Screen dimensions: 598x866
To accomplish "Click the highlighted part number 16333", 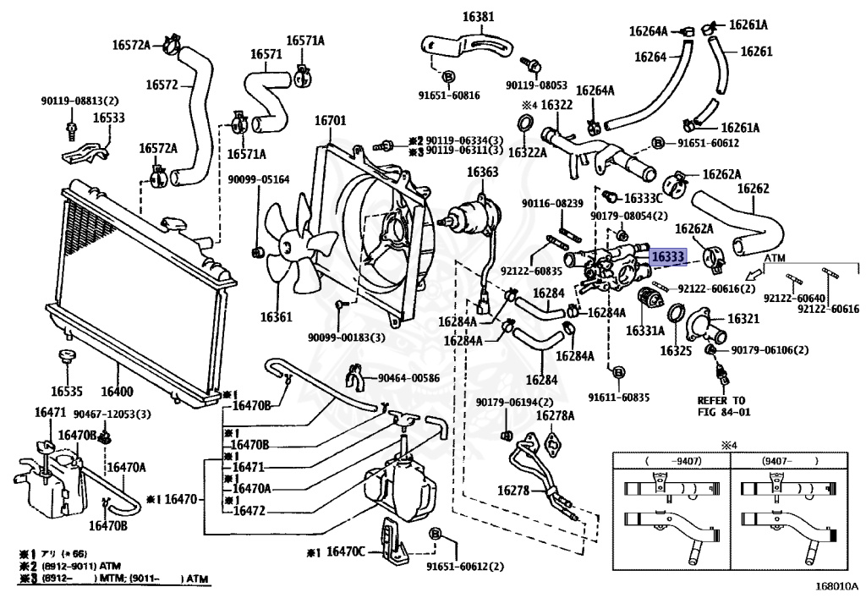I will pyautogui.click(x=666, y=254).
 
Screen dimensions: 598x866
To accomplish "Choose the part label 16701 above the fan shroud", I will pyautogui.click(x=331, y=121).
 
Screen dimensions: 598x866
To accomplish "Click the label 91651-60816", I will pyautogui.click(x=448, y=96).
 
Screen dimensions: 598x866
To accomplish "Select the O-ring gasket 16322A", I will pyautogui.click(x=525, y=129).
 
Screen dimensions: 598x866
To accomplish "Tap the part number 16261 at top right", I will pyautogui.click(x=757, y=52).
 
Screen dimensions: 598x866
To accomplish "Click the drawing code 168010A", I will pyautogui.click(x=836, y=585).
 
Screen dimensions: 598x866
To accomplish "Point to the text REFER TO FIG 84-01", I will pyautogui.click(x=721, y=406).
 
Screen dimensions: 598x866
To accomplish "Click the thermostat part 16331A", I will pyautogui.click(x=649, y=302).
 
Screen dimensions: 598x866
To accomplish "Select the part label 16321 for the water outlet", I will pyautogui.click(x=743, y=319).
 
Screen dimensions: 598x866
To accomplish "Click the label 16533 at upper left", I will pyautogui.click(x=108, y=118).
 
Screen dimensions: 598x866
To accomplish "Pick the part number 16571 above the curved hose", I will pyautogui.click(x=266, y=54).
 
